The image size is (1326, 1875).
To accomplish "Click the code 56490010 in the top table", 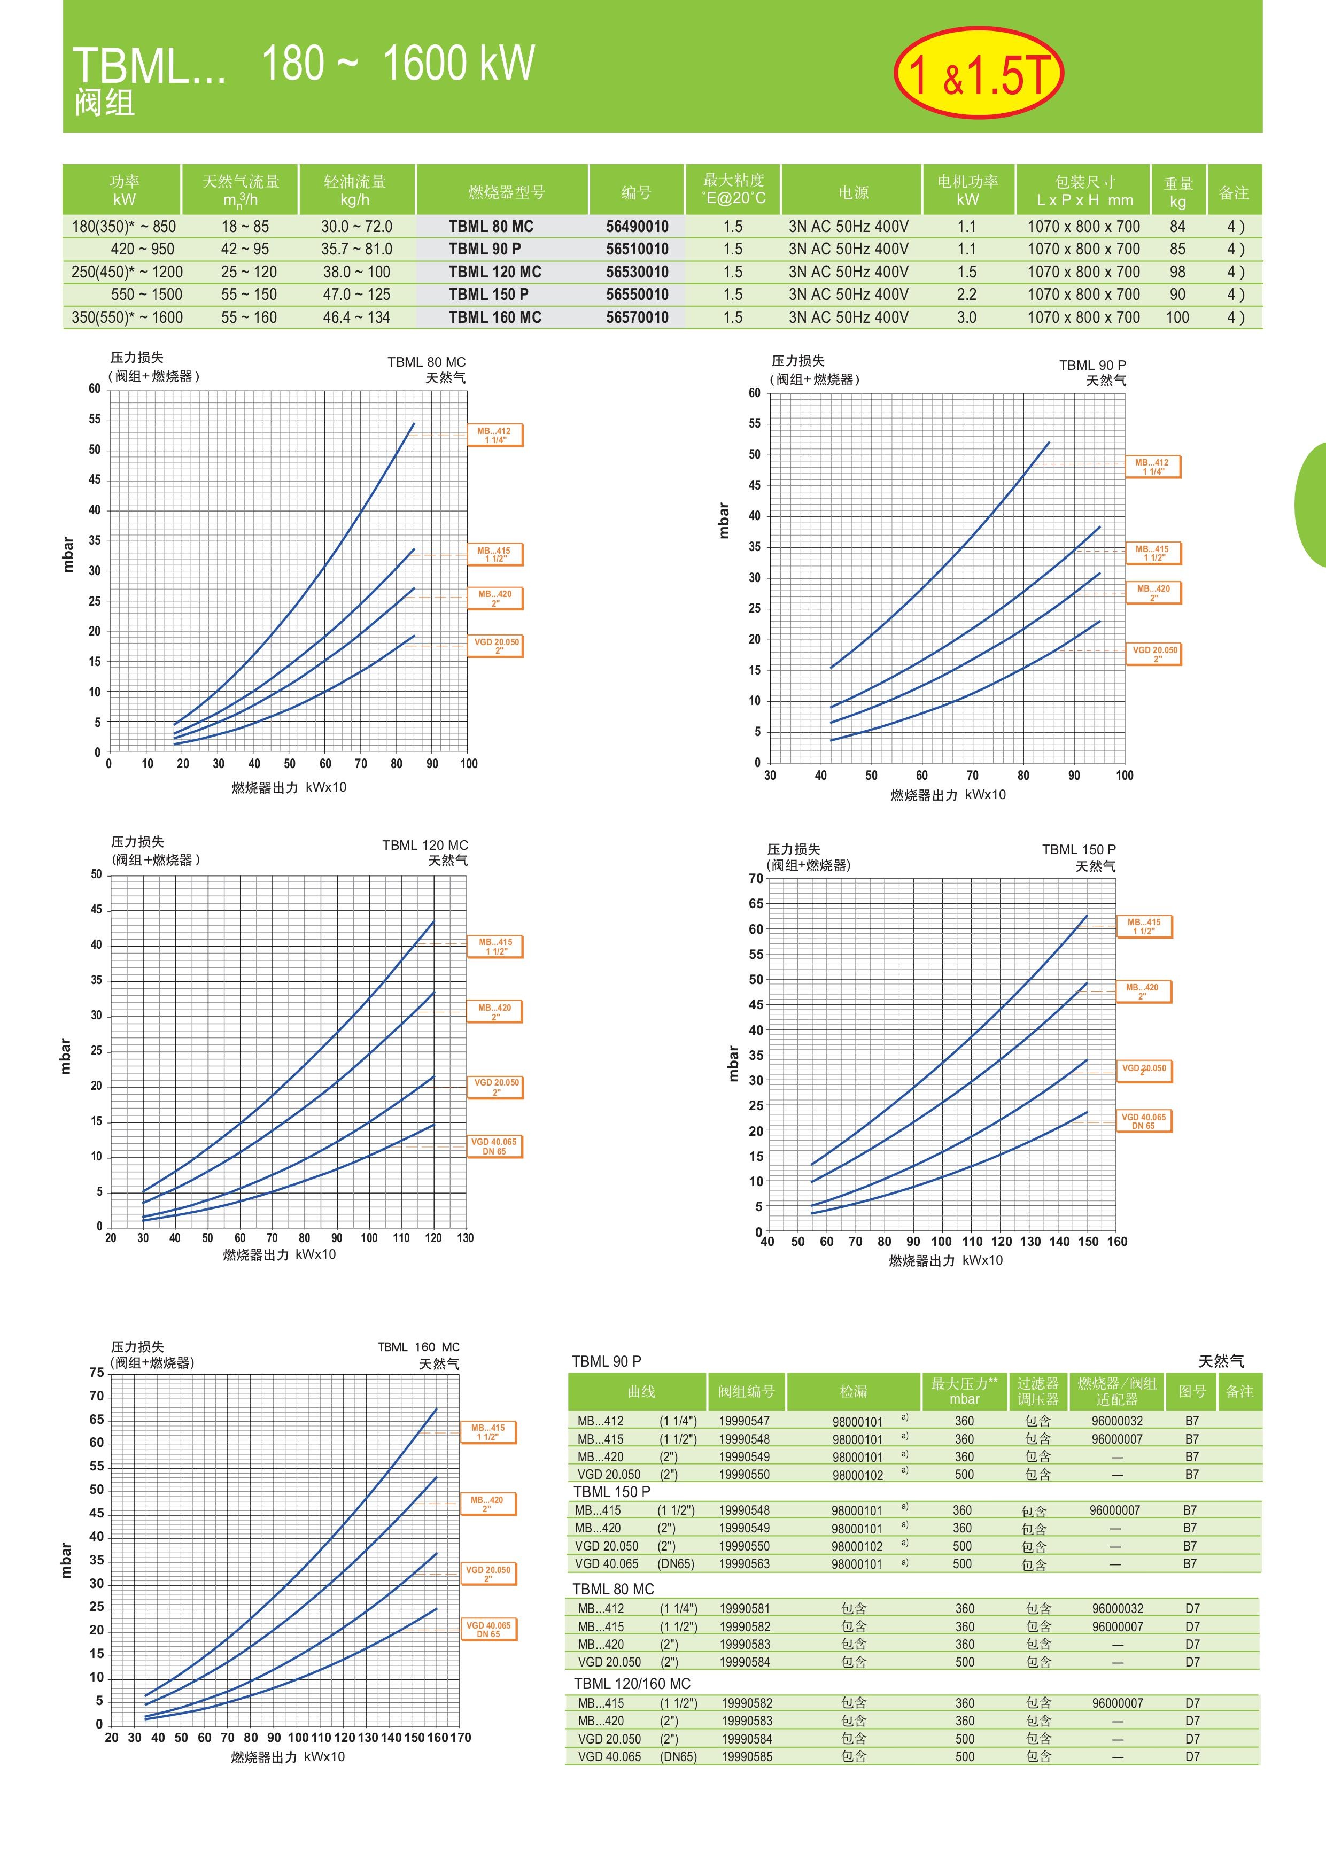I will [637, 226].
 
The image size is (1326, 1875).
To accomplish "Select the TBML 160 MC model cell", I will [495, 317].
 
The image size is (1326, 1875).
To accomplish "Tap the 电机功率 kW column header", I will [967, 190].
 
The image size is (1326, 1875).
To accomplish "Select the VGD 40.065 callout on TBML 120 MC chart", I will [494, 1146].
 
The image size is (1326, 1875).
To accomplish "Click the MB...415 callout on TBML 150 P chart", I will [1143, 926].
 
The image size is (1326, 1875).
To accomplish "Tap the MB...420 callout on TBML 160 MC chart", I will [487, 1504].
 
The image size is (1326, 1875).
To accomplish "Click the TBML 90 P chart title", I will [1092, 365].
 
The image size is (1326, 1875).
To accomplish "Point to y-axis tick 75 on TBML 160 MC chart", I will [96, 1373].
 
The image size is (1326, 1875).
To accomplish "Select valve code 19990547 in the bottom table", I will [744, 1421].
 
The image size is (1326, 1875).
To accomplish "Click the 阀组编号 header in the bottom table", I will [746, 1391].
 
